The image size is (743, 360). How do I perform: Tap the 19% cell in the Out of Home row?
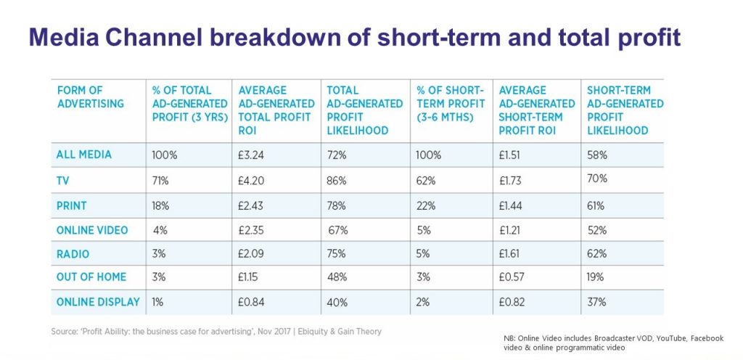click(597, 277)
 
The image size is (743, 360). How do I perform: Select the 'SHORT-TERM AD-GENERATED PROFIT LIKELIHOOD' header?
click(624, 110)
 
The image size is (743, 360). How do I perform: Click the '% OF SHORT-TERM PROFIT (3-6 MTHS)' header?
click(449, 103)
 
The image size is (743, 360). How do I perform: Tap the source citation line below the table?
click(215, 331)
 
